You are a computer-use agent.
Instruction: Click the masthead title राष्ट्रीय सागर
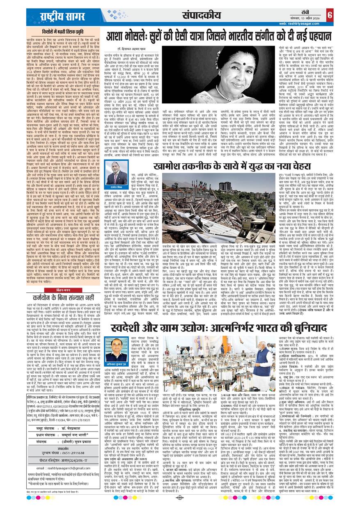coord(61,17)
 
